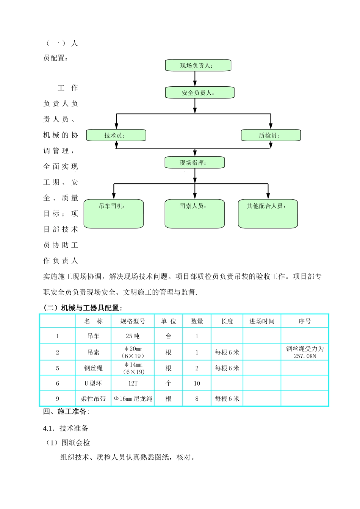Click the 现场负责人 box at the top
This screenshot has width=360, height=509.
[198, 65]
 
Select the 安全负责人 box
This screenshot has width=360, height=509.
[199, 93]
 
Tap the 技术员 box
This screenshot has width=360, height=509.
[116, 135]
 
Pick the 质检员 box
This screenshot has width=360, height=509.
[271, 135]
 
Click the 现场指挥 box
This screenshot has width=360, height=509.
[194, 162]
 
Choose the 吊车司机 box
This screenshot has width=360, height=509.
[113, 214]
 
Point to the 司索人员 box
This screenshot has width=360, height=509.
[194, 214]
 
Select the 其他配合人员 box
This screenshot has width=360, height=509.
[268, 214]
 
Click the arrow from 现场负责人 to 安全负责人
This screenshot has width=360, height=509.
[195, 79]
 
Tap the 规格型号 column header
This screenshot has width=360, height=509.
[133, 321]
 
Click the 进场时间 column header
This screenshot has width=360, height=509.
[262, 321]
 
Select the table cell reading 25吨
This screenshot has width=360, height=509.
[133, 336]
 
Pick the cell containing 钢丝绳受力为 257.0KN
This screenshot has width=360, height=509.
[305, 352]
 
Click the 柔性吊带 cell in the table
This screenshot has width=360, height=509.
[93, 398]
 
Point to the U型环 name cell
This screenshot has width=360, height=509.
[93, 383]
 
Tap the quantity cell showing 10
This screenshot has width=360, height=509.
[197, 383]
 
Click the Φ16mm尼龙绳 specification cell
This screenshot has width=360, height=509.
[133, 398]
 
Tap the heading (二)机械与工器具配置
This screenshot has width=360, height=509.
[83, 308]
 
